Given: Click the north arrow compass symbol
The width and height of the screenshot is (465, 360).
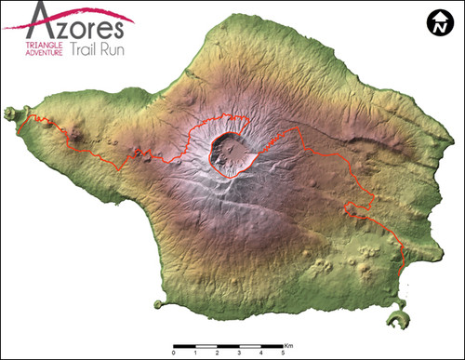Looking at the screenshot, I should [435, 23].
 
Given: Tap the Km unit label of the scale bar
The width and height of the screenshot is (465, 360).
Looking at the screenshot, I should [289, 342].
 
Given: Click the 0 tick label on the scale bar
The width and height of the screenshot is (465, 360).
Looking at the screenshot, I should [174, 353].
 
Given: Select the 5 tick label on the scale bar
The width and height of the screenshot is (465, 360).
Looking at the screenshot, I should [284, 353].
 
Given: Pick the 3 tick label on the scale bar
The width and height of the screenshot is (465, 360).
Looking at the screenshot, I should [240, 353].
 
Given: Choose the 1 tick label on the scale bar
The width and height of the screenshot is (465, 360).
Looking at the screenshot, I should [196, 353].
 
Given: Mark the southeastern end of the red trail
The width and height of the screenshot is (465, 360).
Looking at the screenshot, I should [402, 273].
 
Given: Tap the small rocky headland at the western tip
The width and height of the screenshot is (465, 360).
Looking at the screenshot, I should [12, 113].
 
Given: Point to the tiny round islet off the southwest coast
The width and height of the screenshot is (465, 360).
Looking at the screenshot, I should [158, 304].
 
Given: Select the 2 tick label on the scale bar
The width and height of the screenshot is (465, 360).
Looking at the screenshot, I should [218, 353].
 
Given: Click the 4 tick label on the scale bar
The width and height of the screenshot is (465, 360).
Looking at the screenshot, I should [261, 353].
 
